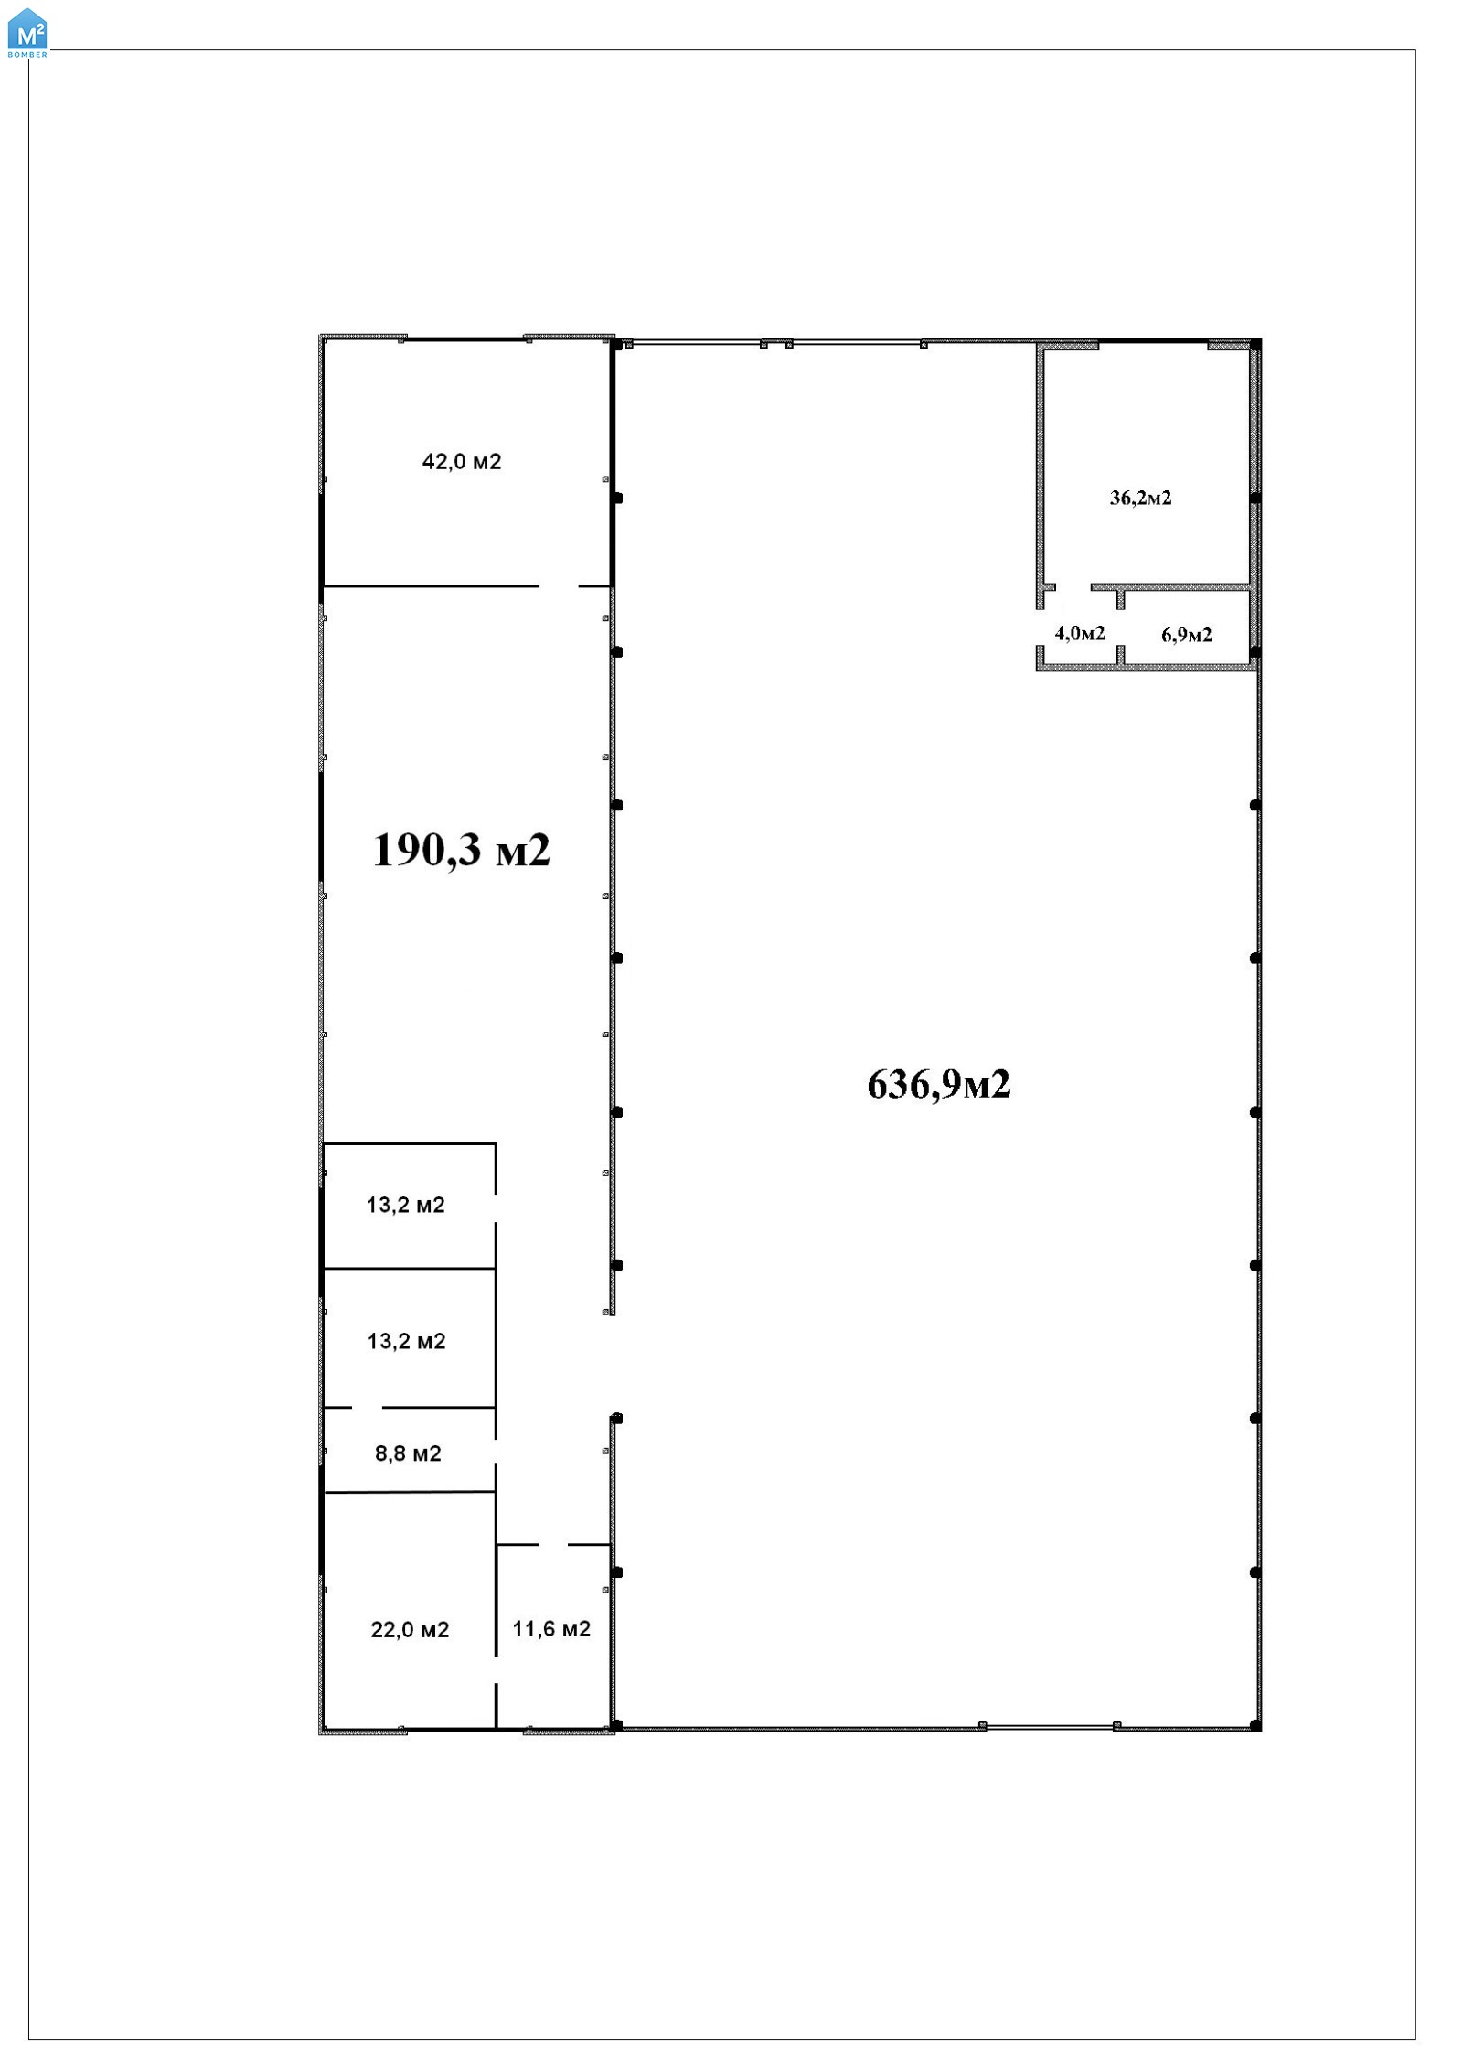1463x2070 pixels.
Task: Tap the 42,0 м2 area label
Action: (462, 462)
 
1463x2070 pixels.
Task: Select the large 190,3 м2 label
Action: (462, 851)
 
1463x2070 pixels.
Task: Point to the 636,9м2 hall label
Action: (939, 1085)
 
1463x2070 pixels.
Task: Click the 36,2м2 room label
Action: (1140, 498)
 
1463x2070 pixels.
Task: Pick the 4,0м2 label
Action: (1080, 633)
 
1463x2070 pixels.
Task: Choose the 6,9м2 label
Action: (1187, 635)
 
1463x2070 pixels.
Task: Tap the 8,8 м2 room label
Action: (408, 1453)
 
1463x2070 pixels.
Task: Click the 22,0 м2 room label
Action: (410, 1629)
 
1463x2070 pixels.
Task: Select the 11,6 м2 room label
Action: (551, 1628)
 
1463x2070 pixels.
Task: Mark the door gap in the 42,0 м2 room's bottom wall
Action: (559, 586)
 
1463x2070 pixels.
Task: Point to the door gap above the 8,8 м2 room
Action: (367, 1407)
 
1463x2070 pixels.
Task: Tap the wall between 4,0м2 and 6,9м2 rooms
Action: (1120, 627)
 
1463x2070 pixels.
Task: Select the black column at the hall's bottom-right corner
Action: (1255, 1725)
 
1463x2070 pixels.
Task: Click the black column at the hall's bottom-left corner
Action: (616, 1725)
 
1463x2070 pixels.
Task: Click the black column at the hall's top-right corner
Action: (1255, 344)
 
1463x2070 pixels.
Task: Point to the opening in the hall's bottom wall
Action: (1050, 1726)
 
